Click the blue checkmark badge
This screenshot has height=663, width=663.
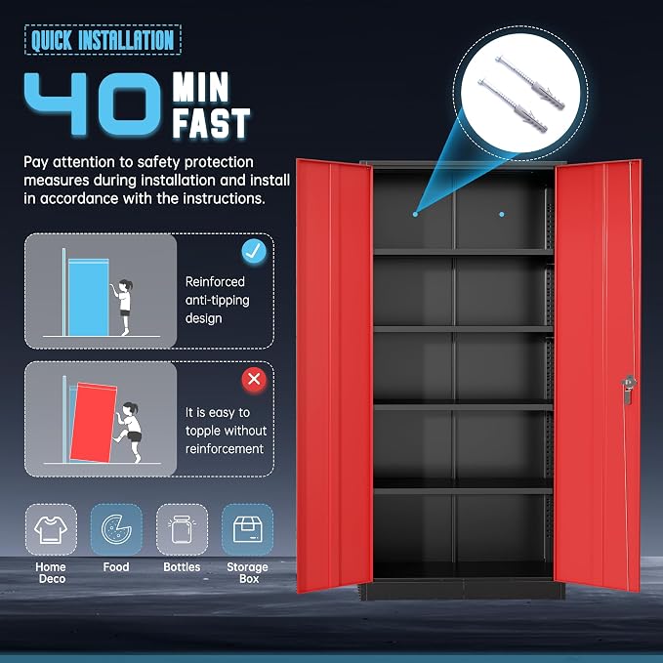(x=254, y=251)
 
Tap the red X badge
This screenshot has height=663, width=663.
(x=254, y=379)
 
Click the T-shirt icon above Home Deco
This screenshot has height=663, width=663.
(x=51, y=529)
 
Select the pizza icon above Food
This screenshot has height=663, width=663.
(x=116, y=529)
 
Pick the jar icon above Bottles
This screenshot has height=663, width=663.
(x=182, y=529)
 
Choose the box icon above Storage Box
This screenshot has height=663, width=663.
(x=247, y=529)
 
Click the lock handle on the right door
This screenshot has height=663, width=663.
(x=629, y=389)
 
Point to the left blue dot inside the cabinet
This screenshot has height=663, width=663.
(x=415, y=215)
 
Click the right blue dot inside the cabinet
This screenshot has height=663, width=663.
(x=502, y=215)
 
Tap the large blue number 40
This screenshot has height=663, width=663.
(x=93, y=104)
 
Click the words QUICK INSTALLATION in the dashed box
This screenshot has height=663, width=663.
(x=103, y=40)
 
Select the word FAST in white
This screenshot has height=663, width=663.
(x=211, y=123)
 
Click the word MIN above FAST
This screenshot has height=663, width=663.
(x=200, y=87)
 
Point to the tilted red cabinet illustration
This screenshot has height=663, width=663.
(x=93, y=423)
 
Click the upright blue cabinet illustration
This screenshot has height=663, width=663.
(x=89, y=297)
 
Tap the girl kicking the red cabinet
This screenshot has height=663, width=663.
(x=129, y=433)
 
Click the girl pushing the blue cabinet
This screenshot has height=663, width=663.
(x=122, y=308)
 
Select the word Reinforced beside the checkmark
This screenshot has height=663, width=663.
(x=215, y=281)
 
